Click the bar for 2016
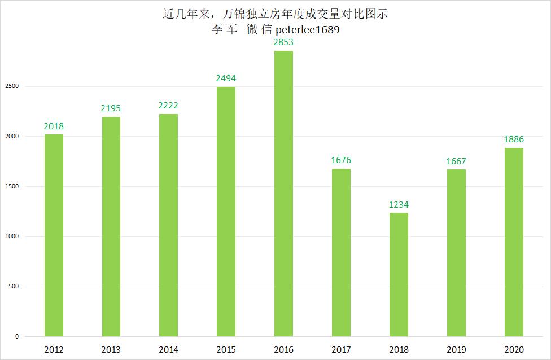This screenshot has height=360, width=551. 283,194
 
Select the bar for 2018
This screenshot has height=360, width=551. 398,274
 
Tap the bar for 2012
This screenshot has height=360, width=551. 54,235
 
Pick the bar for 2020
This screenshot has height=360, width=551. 513,242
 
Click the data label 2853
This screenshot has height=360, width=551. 283,42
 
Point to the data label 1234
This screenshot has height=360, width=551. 398,204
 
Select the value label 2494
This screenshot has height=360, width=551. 226,78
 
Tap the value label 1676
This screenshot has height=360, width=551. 341,160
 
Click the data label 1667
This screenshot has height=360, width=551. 456,161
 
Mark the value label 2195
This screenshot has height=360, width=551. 111,108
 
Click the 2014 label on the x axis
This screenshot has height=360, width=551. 168,350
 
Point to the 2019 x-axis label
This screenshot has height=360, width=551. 456,350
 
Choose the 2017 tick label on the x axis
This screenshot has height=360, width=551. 341,350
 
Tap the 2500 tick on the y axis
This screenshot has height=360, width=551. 13,86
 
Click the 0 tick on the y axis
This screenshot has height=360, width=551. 17,336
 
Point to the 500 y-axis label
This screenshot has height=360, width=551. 14,287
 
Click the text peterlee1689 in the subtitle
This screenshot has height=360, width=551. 308,30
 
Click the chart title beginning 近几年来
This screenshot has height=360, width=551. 275,14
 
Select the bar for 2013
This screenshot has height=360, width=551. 111,226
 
